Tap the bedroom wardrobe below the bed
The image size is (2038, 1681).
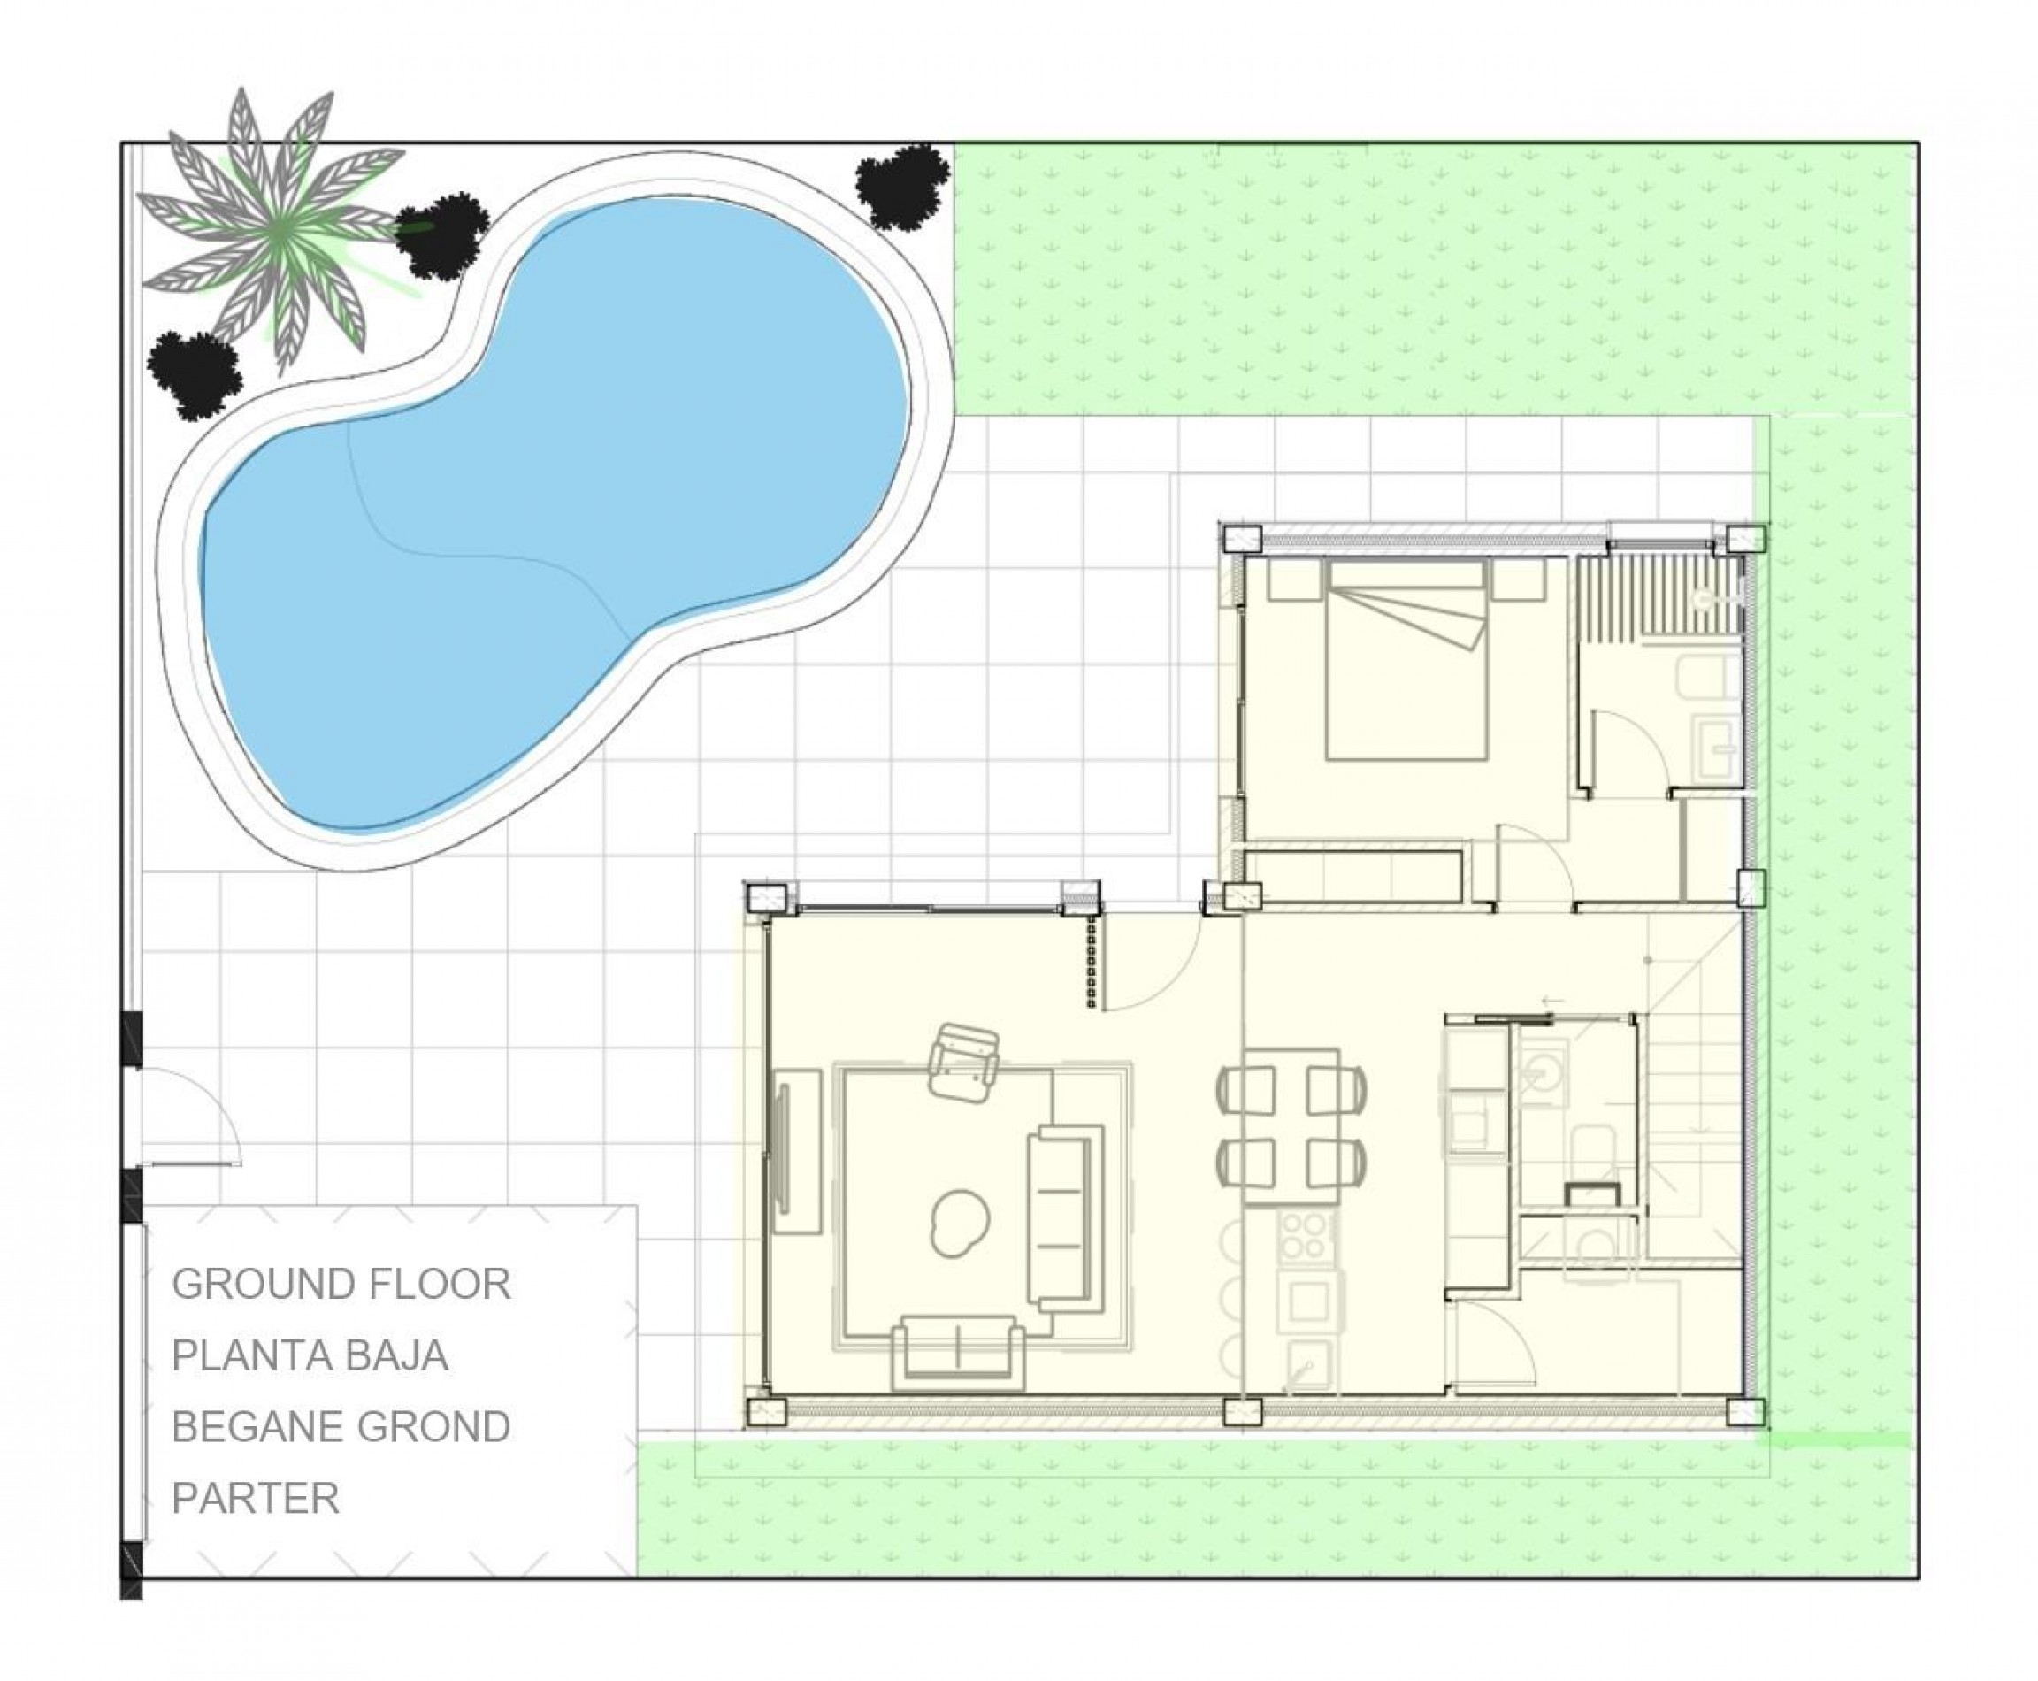coord(1352,874)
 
